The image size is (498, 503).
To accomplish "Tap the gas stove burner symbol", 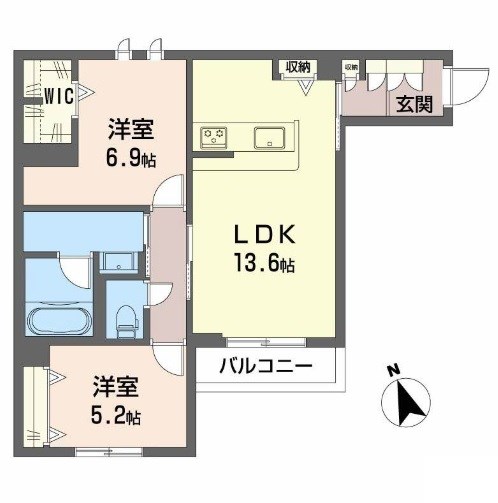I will [x=214, y=135].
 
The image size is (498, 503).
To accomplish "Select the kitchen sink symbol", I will [x=270, y=137].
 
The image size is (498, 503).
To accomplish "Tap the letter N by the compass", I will [x=392, y=368].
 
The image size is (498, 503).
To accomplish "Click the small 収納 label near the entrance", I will [x=351, y=66].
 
